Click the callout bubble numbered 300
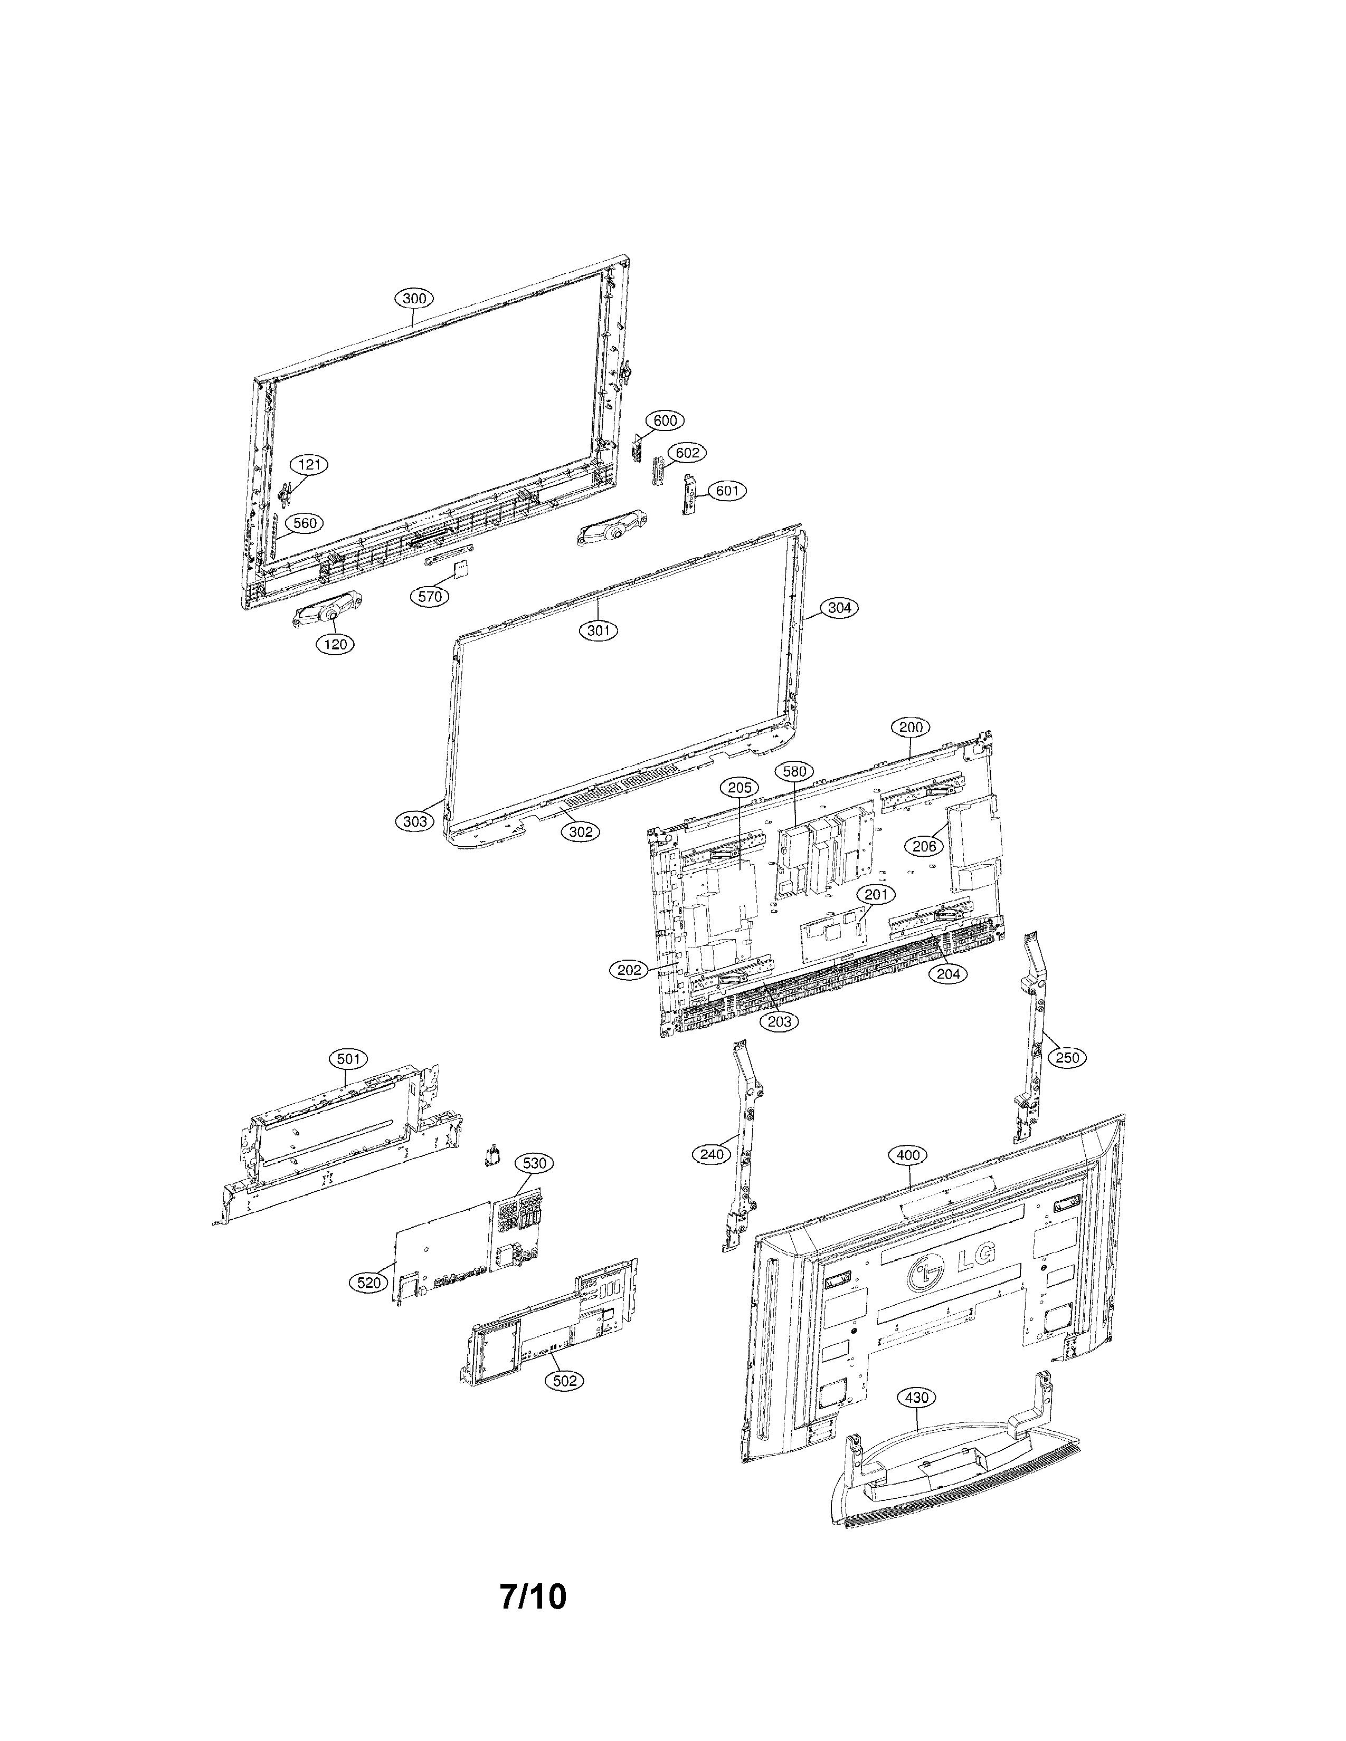coord(414,298)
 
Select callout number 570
coord(430,596)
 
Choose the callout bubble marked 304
coord(839,607)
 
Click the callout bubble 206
coord(924,847)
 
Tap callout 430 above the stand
coord(917,1398)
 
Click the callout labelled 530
coord(534,1163)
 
